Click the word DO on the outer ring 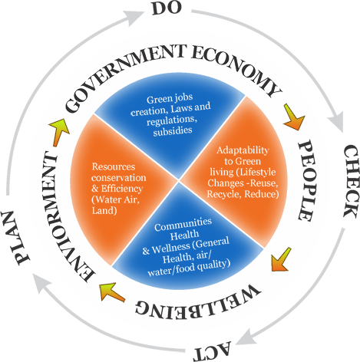(x=167, y=8)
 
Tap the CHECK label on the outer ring (x=350, y=181)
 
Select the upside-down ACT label (x=213, y=353)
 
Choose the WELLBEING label (x=197, y=302)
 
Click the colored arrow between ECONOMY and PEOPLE (x=294, y=117)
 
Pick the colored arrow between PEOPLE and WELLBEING (x=281, y=260)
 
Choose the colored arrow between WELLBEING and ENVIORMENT (x=111, y=291)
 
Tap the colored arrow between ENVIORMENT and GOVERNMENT (x=58, y=132)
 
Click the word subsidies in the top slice (x=173, y=130)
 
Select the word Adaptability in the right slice (x=243, y=150)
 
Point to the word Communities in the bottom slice (x=183, y=225)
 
